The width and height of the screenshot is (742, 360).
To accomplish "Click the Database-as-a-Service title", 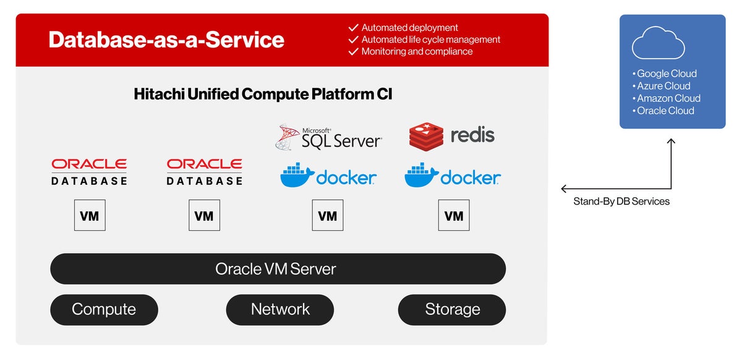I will [x=166, y=40].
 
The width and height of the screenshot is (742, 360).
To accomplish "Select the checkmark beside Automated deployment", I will [x=354, y=28].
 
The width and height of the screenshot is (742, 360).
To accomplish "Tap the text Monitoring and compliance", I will [x=417, y=51].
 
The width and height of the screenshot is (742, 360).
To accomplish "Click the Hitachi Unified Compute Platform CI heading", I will [x=263, y=94].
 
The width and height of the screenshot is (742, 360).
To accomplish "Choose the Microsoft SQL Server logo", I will [x=328, y=137].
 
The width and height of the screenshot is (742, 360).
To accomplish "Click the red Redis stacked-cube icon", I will [x=426, y=136].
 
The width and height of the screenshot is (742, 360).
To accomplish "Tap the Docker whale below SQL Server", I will [x=297, y=176].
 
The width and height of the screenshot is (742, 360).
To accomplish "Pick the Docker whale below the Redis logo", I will [x=422, y=176].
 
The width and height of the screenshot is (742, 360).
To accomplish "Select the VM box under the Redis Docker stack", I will [x=454, y=215].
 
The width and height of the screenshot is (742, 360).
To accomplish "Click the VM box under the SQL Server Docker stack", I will [x=327, y=215].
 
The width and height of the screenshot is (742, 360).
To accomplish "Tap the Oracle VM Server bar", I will [x=278, y=269].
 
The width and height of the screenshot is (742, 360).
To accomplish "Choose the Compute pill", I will [x=104, y=309].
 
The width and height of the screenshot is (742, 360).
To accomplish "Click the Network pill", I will [x=279, y=309].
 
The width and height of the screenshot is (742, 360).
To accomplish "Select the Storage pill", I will [x=452, y=309].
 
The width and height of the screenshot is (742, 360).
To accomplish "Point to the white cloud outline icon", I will [x=658, y=43].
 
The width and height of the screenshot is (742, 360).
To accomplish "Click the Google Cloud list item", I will [x=667, y=74].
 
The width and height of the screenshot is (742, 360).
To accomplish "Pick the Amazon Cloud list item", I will [x=668, y=98].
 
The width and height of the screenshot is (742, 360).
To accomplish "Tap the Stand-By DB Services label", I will [x=621, y=201].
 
